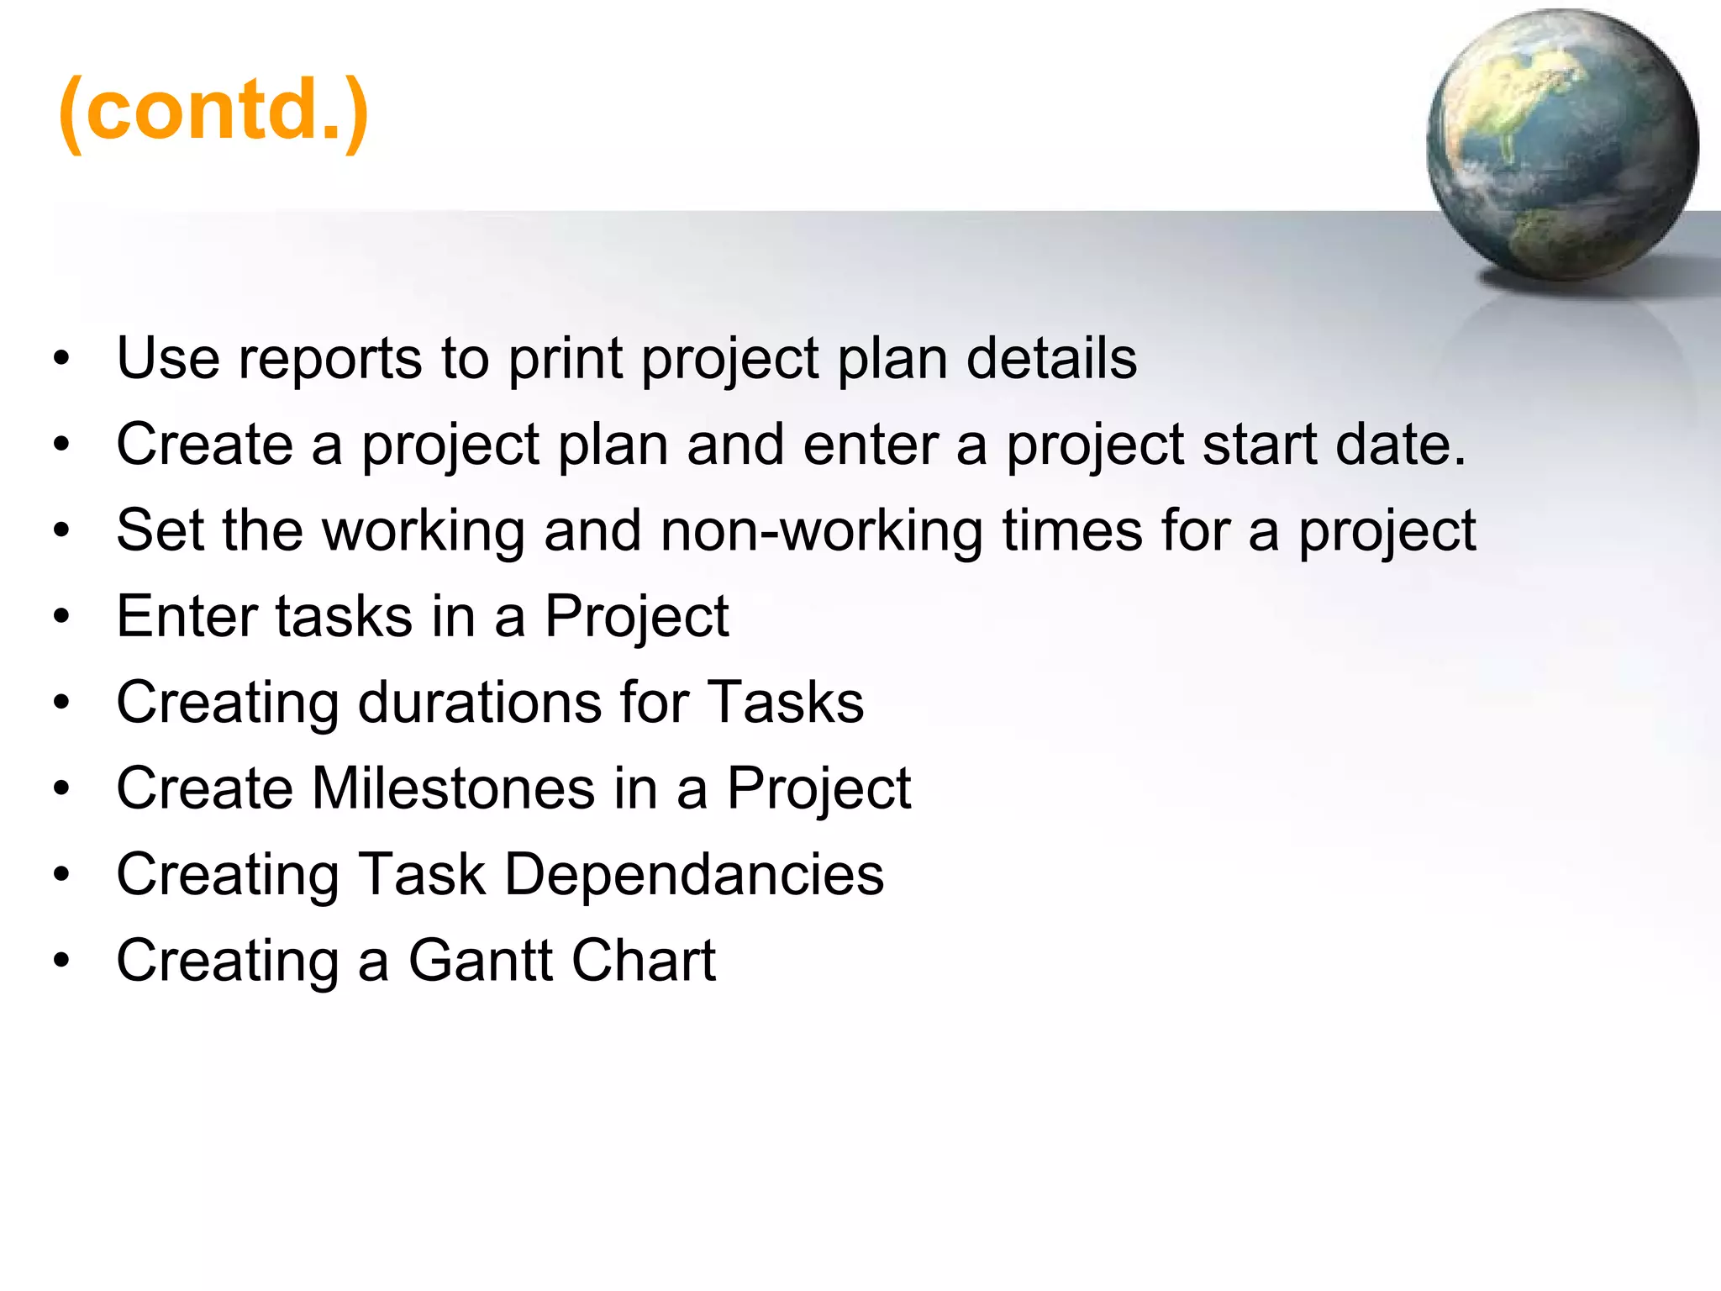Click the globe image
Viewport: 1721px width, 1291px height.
(1562, 145)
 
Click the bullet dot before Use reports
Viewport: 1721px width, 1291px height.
(61, 360)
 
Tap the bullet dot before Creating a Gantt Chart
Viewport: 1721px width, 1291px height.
(61, 961)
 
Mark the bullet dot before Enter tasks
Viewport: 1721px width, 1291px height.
(61, 618)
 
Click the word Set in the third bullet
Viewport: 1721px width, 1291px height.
(159, 530)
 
